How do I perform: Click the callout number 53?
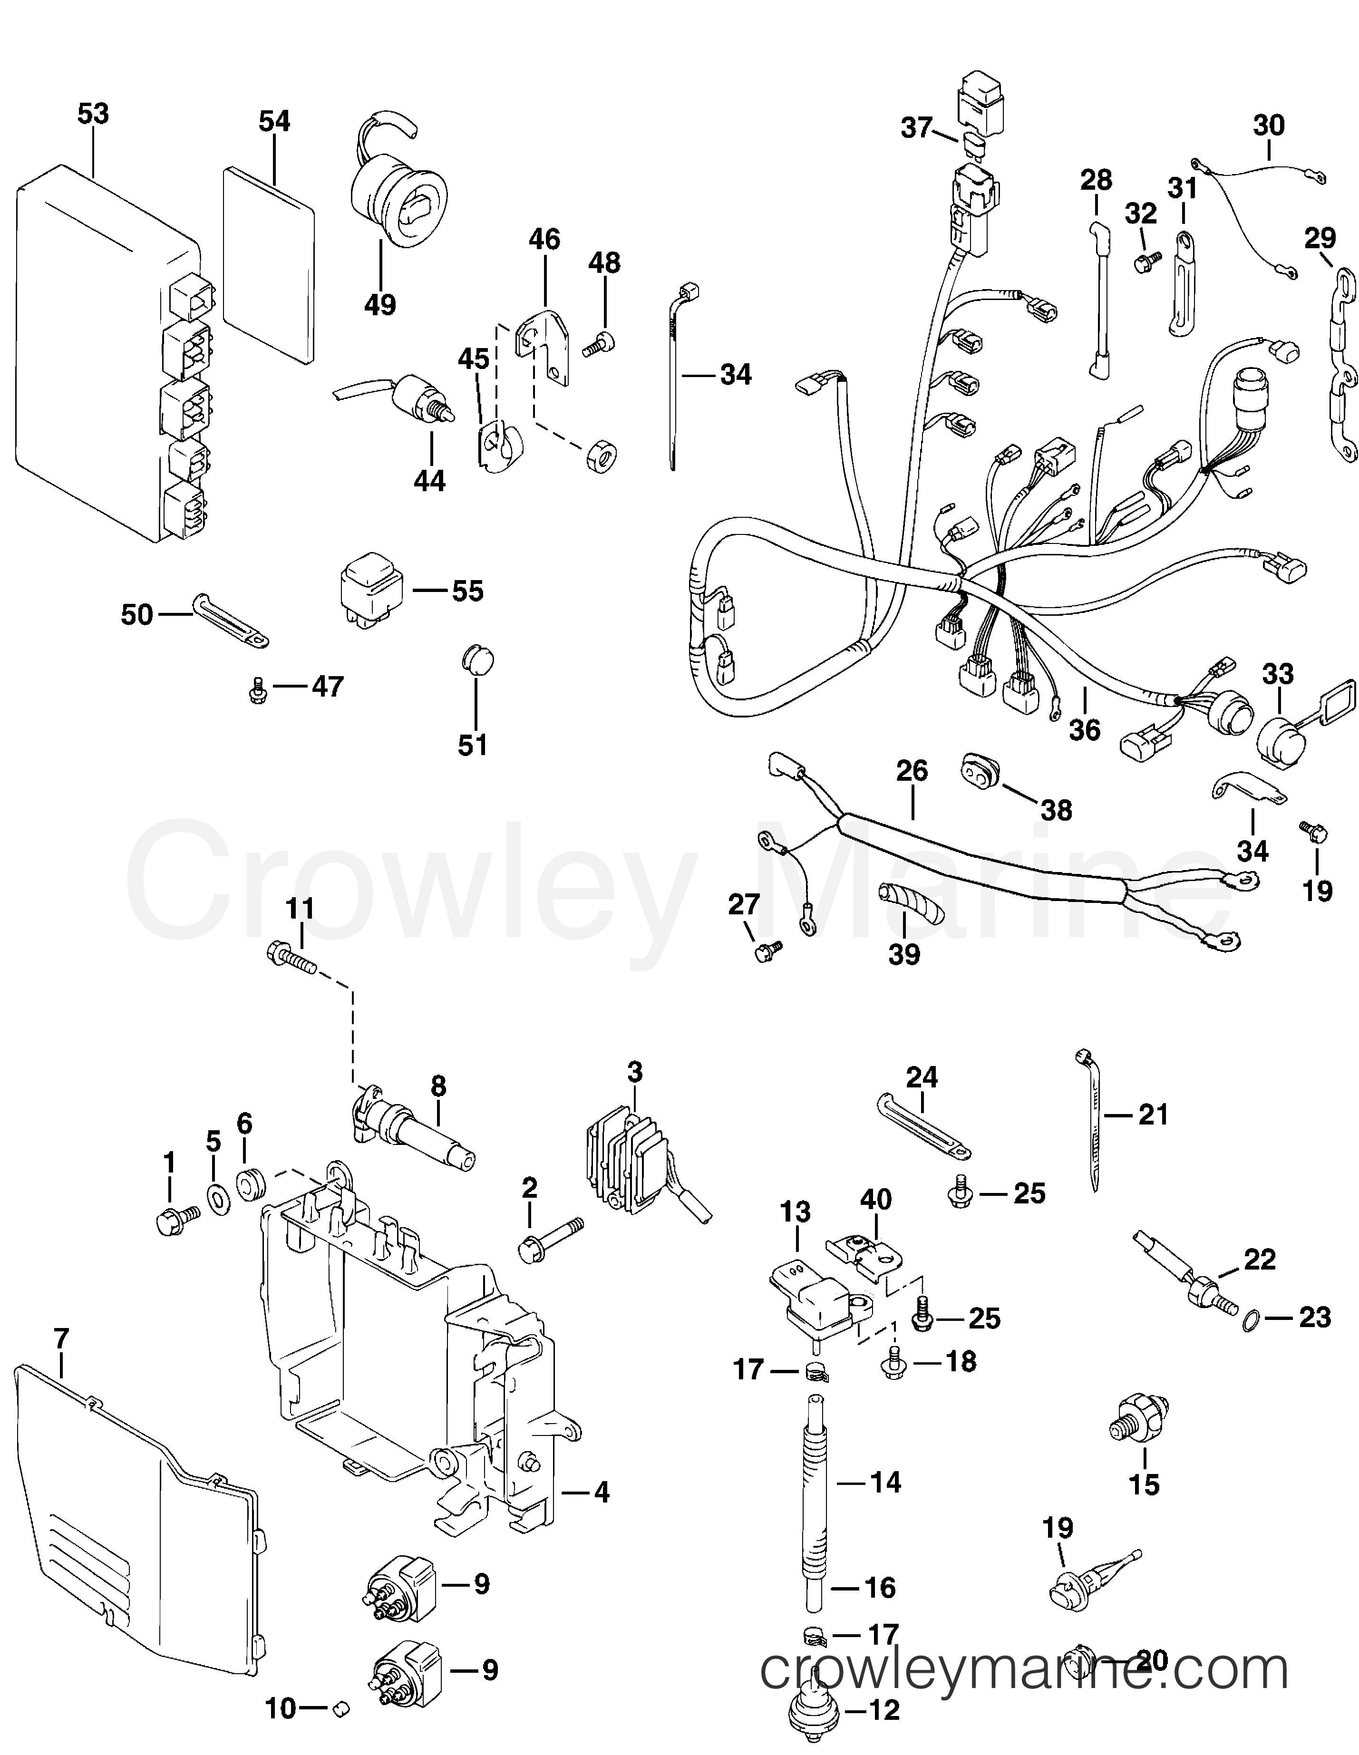[x=93, y=114]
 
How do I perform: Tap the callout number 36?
[x=1085, y=729]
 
